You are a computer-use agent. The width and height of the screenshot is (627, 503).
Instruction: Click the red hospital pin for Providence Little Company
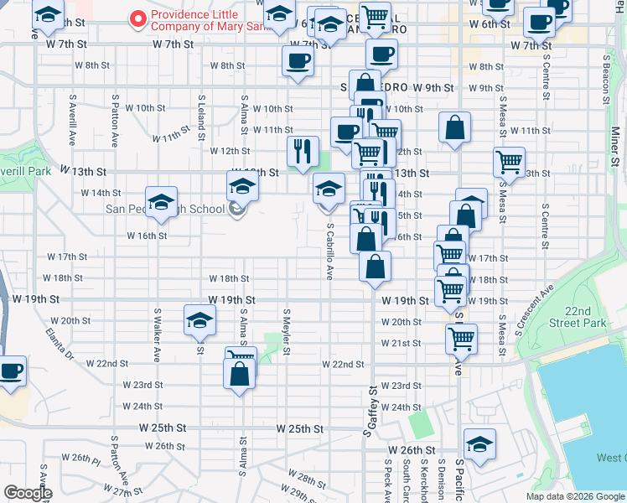[x=136, y=18]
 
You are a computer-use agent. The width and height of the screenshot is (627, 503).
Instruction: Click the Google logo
[x=27, y=493]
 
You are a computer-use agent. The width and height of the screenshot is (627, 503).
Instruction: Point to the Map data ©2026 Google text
[x=574, y=496]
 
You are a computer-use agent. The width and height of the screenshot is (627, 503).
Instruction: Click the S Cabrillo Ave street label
[x=330, y=251]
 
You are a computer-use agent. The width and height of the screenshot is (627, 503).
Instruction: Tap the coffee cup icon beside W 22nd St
[x=11, y=370]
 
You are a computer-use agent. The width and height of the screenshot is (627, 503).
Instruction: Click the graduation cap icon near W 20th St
[x=199, y=320]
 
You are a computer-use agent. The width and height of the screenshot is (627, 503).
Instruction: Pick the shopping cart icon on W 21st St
[x=461, y=338]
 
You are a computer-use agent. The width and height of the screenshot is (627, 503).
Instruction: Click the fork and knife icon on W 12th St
[x=302, y=150]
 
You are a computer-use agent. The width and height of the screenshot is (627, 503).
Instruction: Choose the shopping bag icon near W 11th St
[x=454, y=127]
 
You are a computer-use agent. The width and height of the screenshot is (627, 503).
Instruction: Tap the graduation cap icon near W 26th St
[x=479, y=443]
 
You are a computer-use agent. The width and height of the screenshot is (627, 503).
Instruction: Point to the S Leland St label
[x=201, y=117]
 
